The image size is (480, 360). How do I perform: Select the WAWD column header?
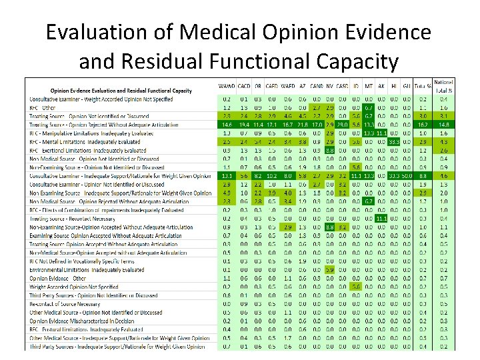[x=227, y=87]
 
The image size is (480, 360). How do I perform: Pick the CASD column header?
[x=341, y=87]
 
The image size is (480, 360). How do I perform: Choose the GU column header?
[x=405, y=87]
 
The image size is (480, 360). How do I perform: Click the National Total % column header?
[x=443, y=86]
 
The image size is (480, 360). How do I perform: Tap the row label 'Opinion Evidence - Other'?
[x=53, y=277]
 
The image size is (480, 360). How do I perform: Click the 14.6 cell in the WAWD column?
[x=226, y=124]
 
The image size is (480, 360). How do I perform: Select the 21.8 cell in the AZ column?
[x=303, y=124]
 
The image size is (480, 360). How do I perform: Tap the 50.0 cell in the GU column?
[x=405, y=175]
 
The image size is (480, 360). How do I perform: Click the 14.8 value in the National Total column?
[x=443, y=124]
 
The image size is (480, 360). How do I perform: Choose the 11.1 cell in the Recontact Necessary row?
[x=381, y=218]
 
